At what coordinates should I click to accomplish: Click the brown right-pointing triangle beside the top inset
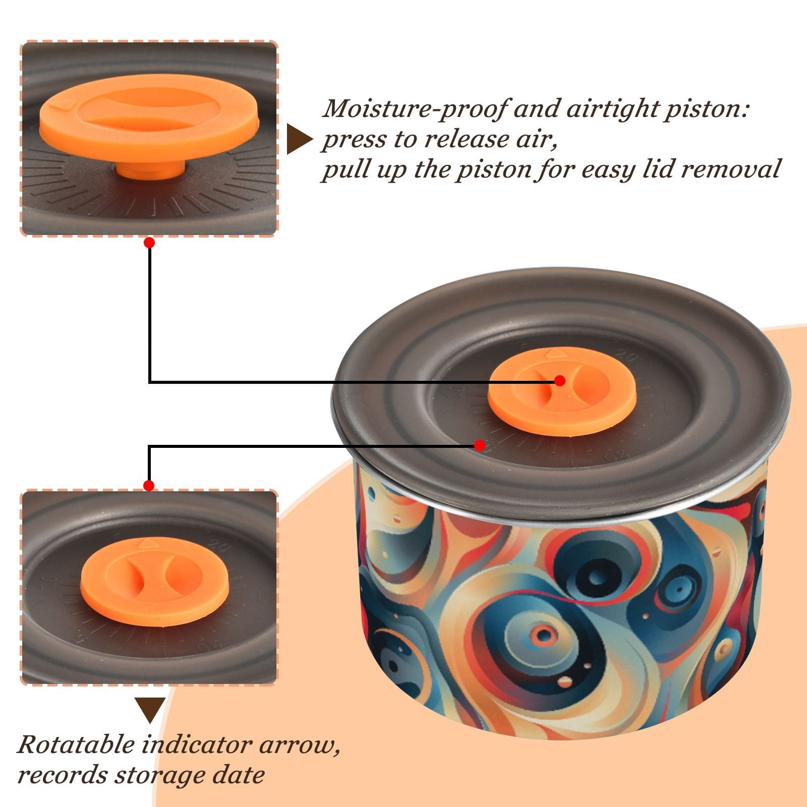(300, 139)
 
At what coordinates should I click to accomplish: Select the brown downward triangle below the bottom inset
(150, 710)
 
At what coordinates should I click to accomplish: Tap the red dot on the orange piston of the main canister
(560, 381)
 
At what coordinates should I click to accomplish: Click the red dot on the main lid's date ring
(480, 445)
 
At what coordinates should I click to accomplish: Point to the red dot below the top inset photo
(149, 243)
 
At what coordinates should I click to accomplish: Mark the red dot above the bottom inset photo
(149, 486)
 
